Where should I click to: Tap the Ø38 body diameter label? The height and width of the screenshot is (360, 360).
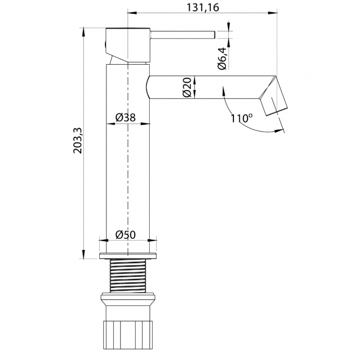pyautogui.click(x=125, y=118)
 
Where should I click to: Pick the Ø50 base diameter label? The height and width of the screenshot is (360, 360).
pyautogui.click(x=125, y=235)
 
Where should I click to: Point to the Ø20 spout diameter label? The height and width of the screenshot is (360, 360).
pyautogui.click(x=187, y=87)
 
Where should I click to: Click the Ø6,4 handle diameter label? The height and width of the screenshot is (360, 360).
pyautogui.click(x=222, y=59)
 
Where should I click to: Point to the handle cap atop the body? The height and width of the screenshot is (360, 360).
pyautogui.click(x=127, y=44)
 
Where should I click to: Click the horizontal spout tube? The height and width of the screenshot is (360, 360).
pyautogui.click(x=206, y=86)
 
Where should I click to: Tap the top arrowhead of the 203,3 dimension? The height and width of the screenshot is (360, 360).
pyautogui.click(x=83, y=30)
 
